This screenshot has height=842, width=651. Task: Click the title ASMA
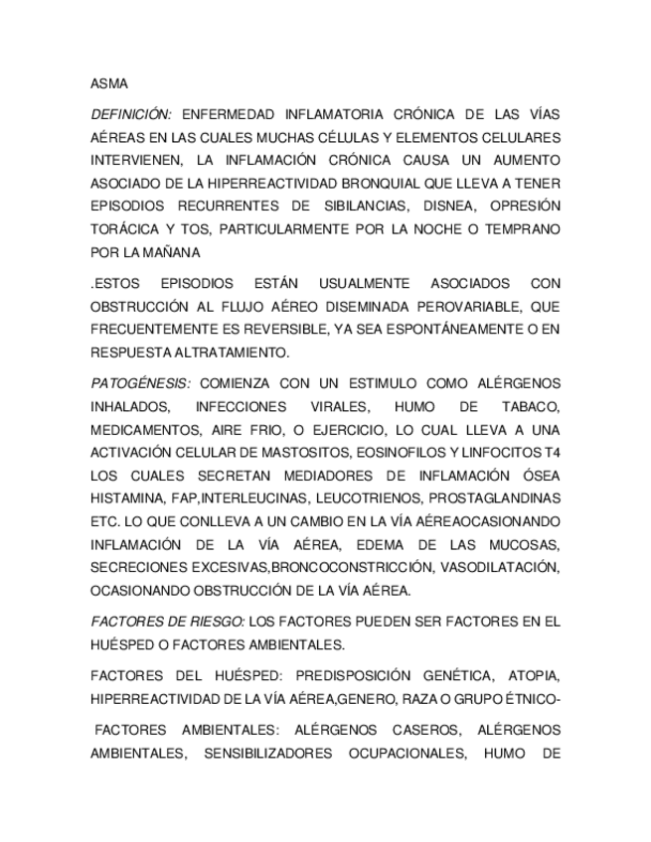(x=108, y=83)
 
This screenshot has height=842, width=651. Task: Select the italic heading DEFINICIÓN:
(x=131, y=115)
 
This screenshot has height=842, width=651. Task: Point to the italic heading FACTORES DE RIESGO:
(x=168, y=622)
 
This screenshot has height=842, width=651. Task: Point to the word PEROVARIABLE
(x=467, y=306)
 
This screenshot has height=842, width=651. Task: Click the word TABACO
(x=528, y=406)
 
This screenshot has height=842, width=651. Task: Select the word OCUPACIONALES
(x=398, y=754)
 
